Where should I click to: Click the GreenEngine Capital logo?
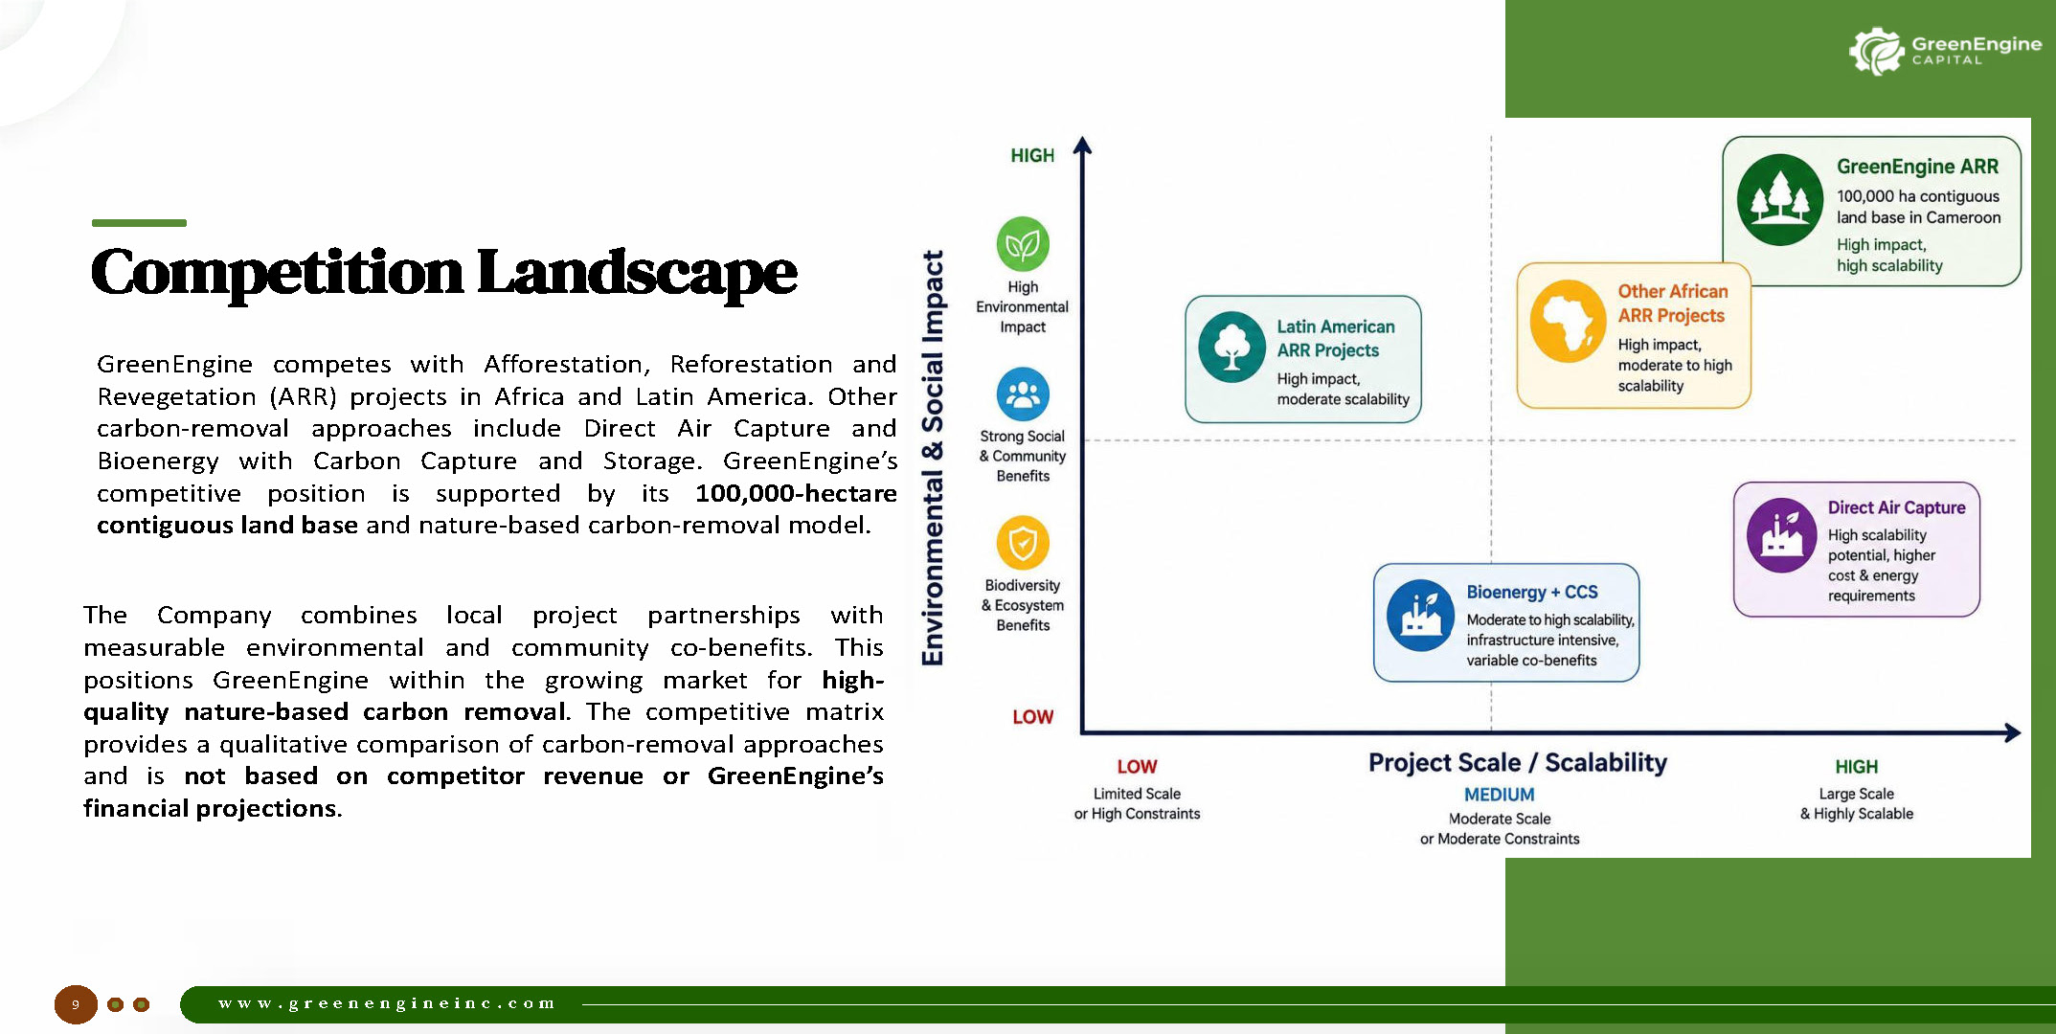click(1945, 51)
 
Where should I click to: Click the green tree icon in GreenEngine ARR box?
click(1780, 200)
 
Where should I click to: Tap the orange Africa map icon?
click(1568, 321)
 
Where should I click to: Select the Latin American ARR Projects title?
click(1335, 339)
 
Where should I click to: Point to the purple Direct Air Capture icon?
click(1781, 535)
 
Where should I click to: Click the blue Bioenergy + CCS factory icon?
click(1421, 616)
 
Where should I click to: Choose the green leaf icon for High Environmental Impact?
click(1023, 244)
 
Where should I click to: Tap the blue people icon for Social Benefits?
click(1023, 393)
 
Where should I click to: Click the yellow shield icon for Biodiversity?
click(1023, 543)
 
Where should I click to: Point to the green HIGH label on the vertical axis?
click(1032, 155)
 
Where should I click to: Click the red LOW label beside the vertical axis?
click(1033, 717)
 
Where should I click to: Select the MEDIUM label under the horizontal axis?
click(1500, 795)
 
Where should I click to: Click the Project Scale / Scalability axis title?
click(1518, 763)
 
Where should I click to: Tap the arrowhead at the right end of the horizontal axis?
click(2014, 732)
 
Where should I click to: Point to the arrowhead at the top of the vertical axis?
click(1082, 145)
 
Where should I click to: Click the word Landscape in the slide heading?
click(637, 273)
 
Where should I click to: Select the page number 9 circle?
click(76, 1004)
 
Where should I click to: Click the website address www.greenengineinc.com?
click(387, 1003)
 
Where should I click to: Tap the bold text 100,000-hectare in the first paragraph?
click(796, 493)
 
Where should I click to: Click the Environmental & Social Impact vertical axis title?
click(933, 458)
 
